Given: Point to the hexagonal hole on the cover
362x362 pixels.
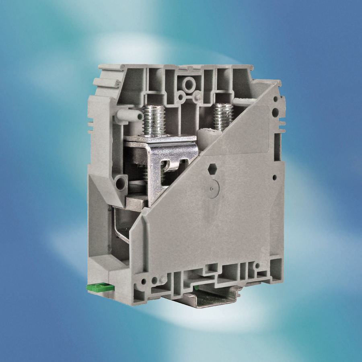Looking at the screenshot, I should click(212, 168).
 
